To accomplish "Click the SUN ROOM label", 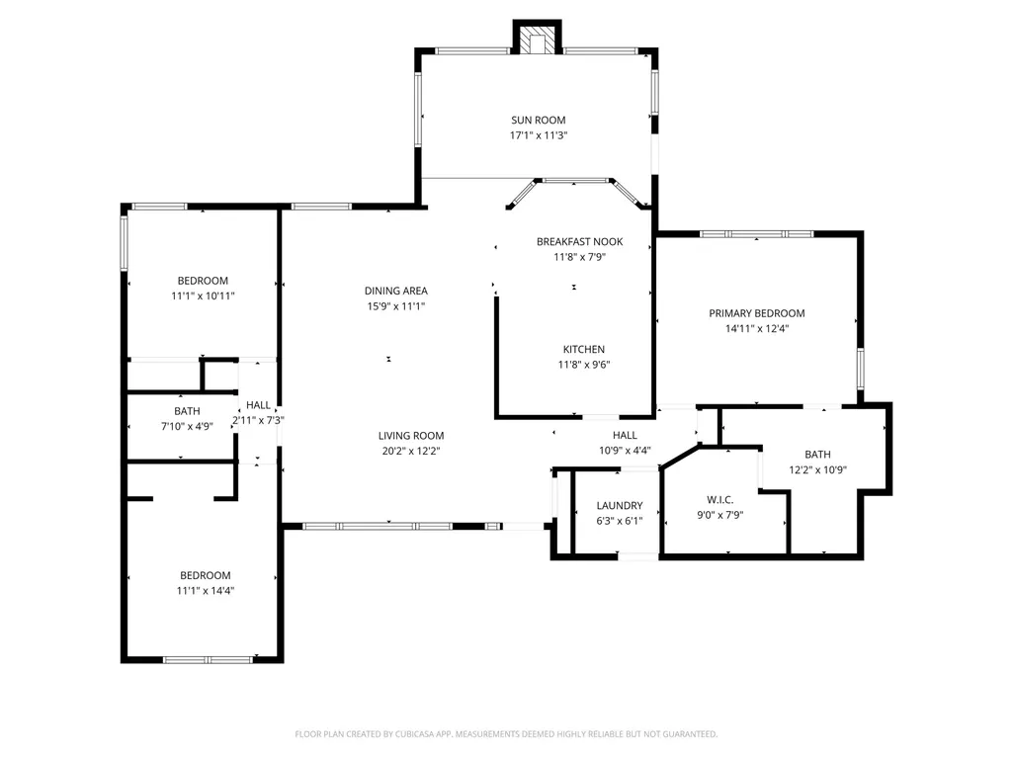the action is [x=539, y=121].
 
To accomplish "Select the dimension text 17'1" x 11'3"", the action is [x=539, y=135].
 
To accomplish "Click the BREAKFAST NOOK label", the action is [x=579, y=242].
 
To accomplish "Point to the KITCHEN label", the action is [x=584, y=349].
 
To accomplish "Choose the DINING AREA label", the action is [x=396, y=291].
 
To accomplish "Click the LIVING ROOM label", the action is [x=411, y=436].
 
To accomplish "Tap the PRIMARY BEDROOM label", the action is [x=757, y=313].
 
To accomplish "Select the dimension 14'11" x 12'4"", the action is [x=757, y=329].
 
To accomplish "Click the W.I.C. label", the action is [x=719, y=499].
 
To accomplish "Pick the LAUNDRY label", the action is [x=620, y=505].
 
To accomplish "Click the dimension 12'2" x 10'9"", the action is [x=818, y=470].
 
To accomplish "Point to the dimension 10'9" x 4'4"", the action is [x=625, y=451].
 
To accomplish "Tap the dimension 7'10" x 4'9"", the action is [x=187, y=427].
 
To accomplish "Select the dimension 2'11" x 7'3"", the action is [x=258, y=420].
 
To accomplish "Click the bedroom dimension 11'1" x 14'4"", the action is [x=206, y=591].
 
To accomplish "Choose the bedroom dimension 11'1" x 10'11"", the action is [x=203, y=296].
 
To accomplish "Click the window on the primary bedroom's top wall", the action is [x=756, y=234].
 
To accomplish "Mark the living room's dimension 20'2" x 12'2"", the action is [x=411, y=451].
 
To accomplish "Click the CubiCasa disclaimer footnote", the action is [x=506, y=734].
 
